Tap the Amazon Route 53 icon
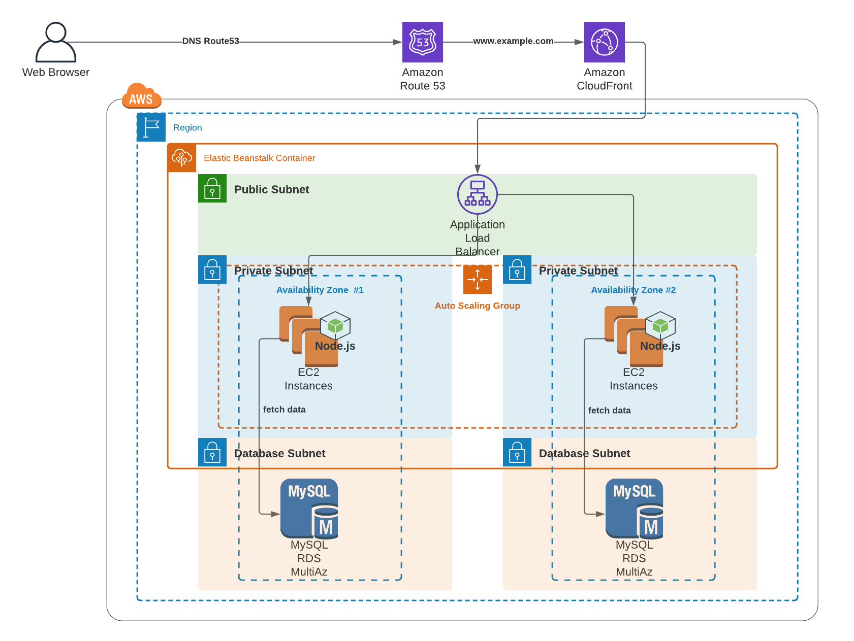[422, 42]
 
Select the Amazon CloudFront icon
[604, 42]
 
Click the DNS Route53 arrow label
[210, 41]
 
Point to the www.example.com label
[513, 41]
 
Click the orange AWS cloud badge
[141, 96]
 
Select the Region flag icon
[151, 127]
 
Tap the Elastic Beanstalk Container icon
[182, 158]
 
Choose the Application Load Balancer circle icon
[477, 194]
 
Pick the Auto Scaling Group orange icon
[477, 280]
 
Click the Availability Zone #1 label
[320, 290]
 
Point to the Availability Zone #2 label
[633, 290]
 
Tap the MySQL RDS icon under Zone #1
[309, 509]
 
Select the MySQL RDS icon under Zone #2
[634, 509]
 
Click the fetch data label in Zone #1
[284, 410]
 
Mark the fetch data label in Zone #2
[609, 411]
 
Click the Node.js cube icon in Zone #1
[335, 325]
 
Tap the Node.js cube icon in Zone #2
[660, 325]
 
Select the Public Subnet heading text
[271, 190]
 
